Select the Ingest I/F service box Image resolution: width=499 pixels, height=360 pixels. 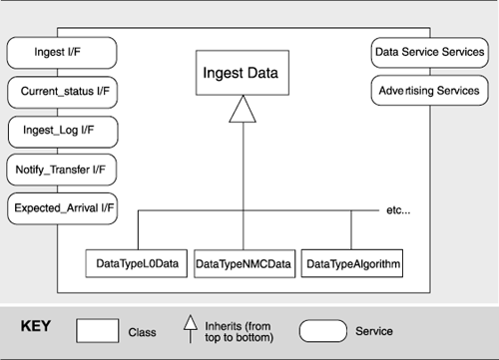coord(62,51)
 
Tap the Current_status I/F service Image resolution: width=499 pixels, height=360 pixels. coord(62,91)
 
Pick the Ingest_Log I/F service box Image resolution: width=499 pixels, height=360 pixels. coord(62,131)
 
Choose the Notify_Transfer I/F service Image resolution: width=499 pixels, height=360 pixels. coord(62,171)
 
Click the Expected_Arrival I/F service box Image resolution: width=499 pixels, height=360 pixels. coord(62,210)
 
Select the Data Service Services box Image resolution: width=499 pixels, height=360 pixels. coord(428,51)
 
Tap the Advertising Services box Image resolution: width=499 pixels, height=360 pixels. coord(428,91)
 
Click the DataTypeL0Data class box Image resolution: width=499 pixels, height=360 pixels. coord(137,262)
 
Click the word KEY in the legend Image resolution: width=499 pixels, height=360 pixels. coord(38,326)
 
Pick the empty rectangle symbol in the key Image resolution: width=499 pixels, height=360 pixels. coord(99,330)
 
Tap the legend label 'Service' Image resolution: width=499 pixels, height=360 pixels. coord(374,331)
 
